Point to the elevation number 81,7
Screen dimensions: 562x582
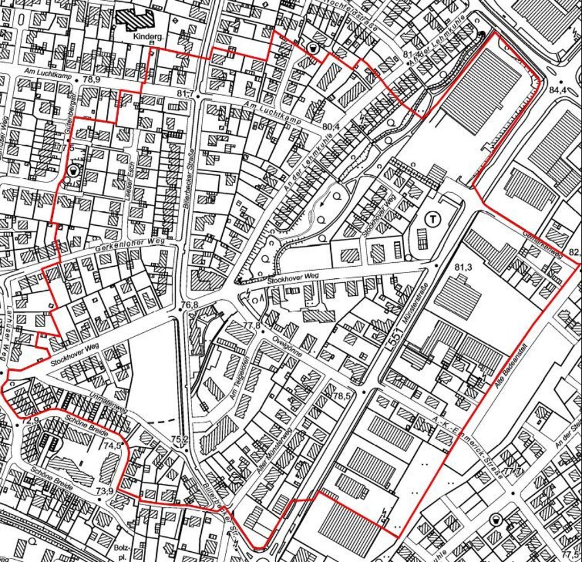coord(185,93)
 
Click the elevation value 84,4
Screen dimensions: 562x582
coord(558,90)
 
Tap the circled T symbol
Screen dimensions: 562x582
coord(433,218)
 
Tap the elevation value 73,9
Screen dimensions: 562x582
coord(104,491)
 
